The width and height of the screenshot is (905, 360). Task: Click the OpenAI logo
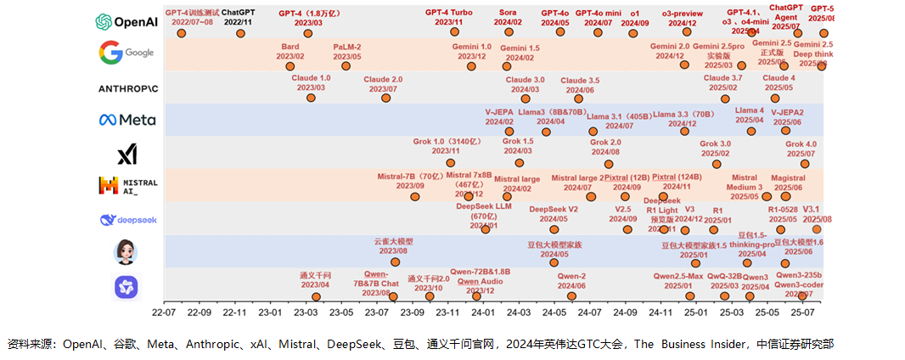click(x=127, y=20)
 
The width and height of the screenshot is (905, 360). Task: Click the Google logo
click(x=127, y=53)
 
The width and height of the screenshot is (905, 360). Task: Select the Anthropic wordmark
click(x=128, y=87)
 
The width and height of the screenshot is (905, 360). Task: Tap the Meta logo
click(x=127, y=120)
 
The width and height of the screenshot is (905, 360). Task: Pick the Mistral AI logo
click(x=128, y=186)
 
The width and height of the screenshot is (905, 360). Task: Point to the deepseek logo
click(x=127, y=220)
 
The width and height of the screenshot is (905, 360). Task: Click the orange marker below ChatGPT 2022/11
click(x=240, y=33)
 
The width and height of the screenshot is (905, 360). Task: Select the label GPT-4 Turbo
click(x=448, y=13)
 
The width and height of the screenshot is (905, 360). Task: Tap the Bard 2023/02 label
click(x=289, y=51)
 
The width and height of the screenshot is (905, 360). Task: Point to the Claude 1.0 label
click(x=311, y=83)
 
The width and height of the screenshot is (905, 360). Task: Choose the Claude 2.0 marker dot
click(x=386, y=98)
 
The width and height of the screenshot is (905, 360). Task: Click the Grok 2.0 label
click(x=605, y=147)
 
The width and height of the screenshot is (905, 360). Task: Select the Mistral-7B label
click(x=410, y=180)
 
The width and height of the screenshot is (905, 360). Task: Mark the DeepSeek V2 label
click(x=554, y=213)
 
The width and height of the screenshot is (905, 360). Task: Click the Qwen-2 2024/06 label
click(x=571, y=281)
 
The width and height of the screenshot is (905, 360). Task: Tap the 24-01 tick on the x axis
click(x=484, y=312)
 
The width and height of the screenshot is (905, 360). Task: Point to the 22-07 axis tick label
click(x=164, y=312)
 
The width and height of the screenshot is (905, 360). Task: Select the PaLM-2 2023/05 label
click(x=347, y=51)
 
